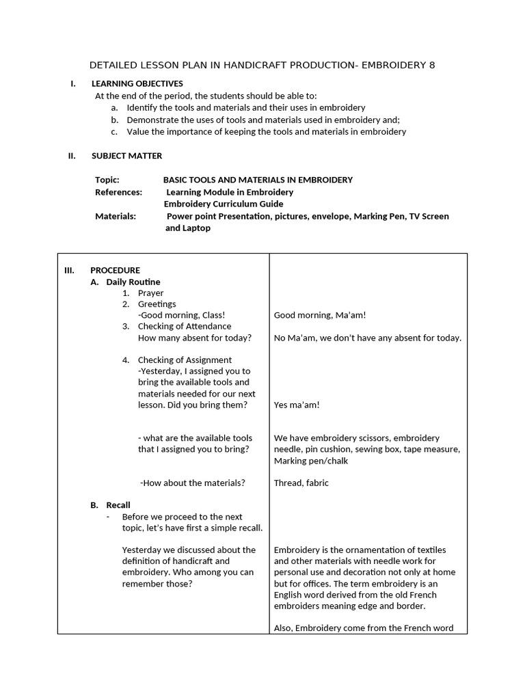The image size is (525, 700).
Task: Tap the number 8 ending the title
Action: [x=431, y=66]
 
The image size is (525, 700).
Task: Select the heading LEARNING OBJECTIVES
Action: [x=137, y=84]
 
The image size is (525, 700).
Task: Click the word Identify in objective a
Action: [x=142, y=108]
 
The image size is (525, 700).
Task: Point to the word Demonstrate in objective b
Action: [x=153, y=120]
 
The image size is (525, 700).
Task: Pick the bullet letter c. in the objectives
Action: [x=113, y=132]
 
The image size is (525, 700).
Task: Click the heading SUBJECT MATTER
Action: [x=127, y=156]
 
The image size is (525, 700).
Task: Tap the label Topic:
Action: [x=107, y=180]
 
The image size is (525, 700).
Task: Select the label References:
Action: [x=118, y=192]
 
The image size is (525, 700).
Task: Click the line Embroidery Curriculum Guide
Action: [x=224, y=204]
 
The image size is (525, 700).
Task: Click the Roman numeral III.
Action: [x=69, y=270]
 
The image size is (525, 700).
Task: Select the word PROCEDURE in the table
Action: [x=115, y=270]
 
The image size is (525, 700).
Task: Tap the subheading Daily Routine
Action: [x=133, y=282]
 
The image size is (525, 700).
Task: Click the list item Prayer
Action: [x=150, y=293]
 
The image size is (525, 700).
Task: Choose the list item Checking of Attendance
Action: [x=185, y=326]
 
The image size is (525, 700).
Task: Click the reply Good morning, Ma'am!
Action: [x=320, y=315]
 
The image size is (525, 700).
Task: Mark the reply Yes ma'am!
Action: [x=297, y=405]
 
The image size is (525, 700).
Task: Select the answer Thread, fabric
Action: [x=301, y=483]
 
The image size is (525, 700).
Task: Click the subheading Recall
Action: [x=118, y=505]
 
